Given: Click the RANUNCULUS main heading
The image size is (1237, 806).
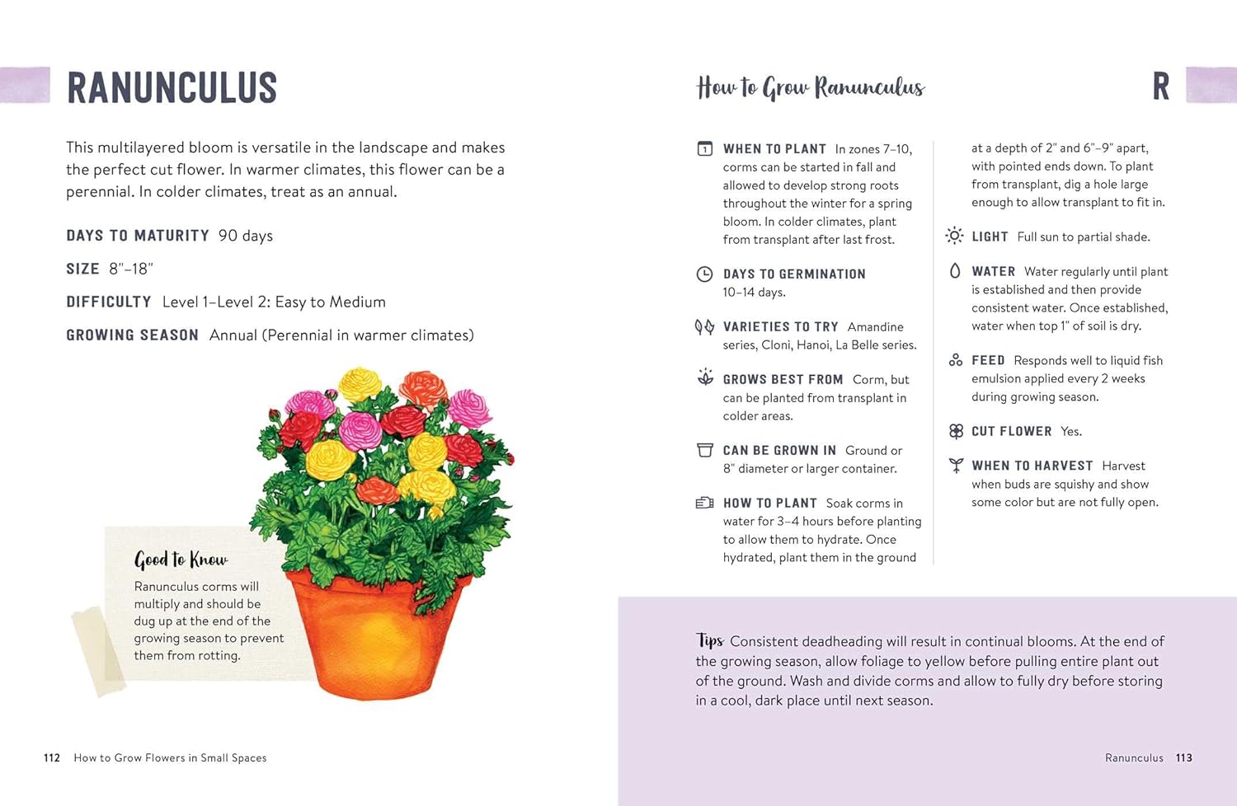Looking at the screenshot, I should click(x=172, y=87).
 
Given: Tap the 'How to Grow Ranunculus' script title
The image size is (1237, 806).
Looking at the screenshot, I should click(x=810, y=87).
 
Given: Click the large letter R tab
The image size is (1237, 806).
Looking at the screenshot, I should click(x=1160, y=87).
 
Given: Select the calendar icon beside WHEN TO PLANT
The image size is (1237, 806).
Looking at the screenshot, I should click(x=704, y=149).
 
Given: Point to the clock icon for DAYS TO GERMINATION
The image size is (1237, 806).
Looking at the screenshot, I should click(x=704, y=274).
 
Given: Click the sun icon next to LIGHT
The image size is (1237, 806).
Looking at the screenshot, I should click(x=954, y=236).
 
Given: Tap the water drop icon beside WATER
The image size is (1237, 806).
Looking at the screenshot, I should click(x=955, y=271).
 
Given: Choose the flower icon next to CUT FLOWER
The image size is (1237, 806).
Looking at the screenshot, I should click(x=956, y=431).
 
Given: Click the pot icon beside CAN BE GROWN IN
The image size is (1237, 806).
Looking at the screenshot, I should click(x=704, y=450).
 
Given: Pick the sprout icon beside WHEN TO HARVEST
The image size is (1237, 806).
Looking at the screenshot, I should click(x=956, y=466).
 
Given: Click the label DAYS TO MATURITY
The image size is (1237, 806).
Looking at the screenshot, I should click(x=138, y=236).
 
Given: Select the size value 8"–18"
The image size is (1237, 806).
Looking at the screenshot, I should click(x=131, y=269).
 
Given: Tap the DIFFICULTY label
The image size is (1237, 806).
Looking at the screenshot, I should click(x=109, y=302).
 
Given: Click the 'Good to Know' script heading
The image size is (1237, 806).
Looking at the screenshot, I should click(x=181, y=560).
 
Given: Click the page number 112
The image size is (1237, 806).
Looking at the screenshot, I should click(x=52, y=757).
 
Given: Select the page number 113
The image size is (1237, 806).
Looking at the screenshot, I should click(x=1184, y=757).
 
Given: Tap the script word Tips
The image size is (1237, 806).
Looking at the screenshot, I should click(x=709, y=640).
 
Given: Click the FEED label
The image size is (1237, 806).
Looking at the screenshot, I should click(x=988, y=360).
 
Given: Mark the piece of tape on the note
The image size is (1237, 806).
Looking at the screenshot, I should click(x=97, y=650).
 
